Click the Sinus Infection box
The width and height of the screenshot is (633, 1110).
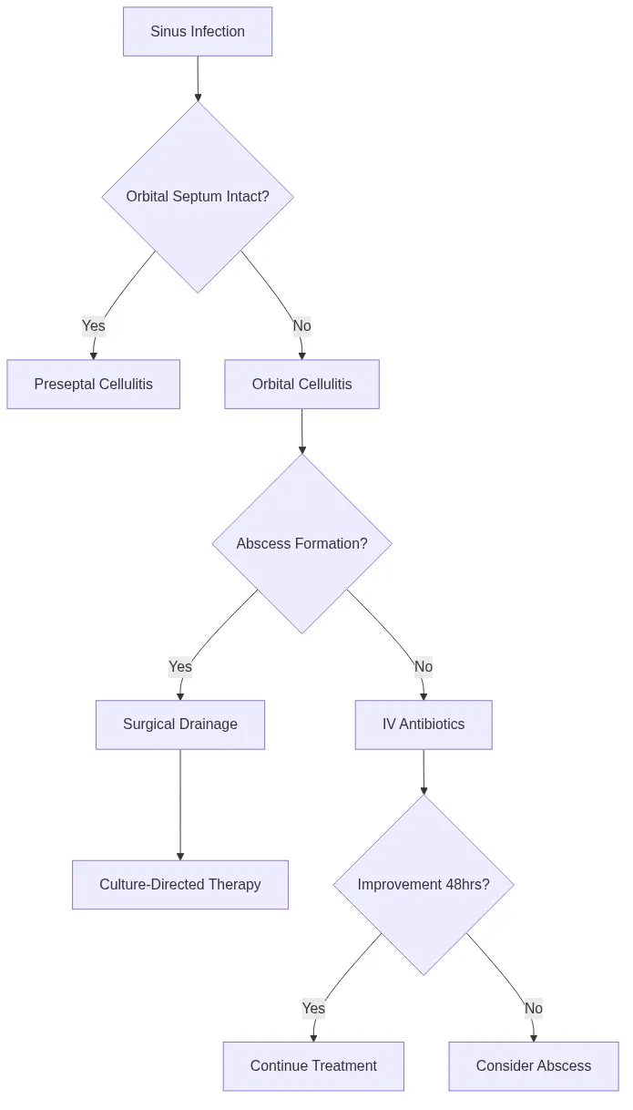point(198,32)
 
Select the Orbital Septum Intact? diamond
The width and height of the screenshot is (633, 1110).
point(198,197)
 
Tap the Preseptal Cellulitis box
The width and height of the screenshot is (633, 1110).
point(93,384)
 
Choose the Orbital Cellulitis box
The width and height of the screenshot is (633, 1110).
point(301,384)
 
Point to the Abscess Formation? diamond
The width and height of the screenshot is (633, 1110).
point(301,543)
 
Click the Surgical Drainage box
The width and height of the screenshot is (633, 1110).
point(180,725)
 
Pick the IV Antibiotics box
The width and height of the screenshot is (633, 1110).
point(424,725)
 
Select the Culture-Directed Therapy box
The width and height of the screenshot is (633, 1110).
point(180,884)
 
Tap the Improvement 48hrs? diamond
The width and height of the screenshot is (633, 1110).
point(424,884)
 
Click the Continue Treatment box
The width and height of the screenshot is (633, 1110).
point(313,1065)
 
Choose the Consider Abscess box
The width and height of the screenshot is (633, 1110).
point(534,1065)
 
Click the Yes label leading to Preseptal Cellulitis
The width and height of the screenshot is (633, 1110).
point(94,325)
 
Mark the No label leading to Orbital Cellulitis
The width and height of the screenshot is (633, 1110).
point(301,325)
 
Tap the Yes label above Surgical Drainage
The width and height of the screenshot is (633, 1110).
point(180,666)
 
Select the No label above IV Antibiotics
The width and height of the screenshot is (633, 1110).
point(424,666)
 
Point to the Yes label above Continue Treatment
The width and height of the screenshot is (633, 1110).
point(313,1008)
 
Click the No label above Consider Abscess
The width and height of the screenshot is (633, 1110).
point(534,1008)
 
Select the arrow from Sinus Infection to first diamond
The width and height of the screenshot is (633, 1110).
point(198,78)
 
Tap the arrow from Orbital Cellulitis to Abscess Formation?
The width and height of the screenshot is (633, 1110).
point(301,430)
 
